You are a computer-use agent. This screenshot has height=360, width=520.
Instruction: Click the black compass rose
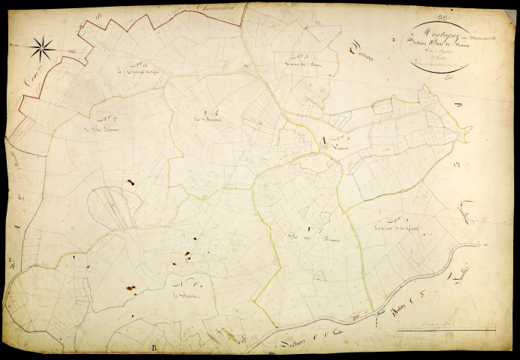click(x=43, y=49)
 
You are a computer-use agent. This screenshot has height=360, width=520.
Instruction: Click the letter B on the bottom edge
click(x=154, y=347)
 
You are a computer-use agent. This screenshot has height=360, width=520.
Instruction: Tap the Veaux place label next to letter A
click(x=343, y=147)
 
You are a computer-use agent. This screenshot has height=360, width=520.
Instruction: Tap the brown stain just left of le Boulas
click(x=130, y=288)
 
